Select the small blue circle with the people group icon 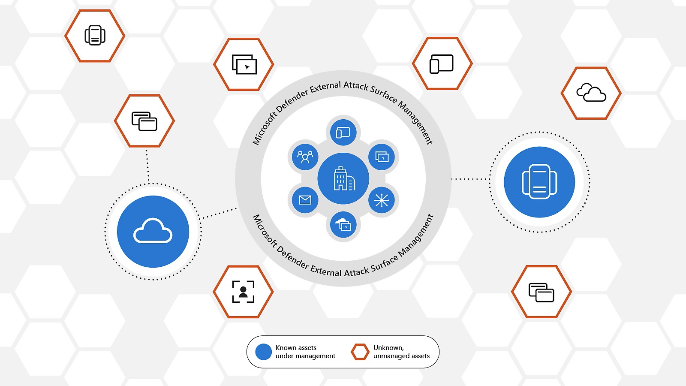tap(305, 157)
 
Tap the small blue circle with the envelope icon tap(305, 200)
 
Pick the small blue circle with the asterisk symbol tap(382, 200)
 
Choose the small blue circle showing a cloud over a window tap(343, 225)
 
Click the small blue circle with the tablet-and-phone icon tap(343, 133)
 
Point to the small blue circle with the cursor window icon tap(382, 157)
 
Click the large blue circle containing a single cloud tap(153, 232)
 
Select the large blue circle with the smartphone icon tap(539, 182)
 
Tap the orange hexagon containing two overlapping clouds tap(591, 93)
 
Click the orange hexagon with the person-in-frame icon tap(243, 292)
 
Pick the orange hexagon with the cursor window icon tap(244, 64)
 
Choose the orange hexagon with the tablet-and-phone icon tap(442, 63)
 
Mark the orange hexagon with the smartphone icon tap(95, 36)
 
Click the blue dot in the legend tap(263, 352)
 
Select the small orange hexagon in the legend tap(360, 352)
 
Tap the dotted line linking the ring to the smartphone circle tap(470, 179)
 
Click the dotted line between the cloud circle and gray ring tap(220, 213)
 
